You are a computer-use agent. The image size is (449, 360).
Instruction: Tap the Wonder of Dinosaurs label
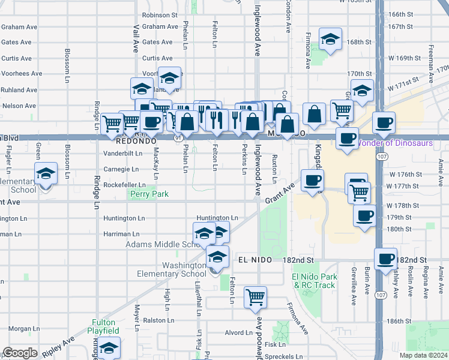click(395, 143)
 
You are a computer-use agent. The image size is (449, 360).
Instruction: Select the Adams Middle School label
click(161, 245)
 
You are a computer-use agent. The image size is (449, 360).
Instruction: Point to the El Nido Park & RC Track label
click(313, 280)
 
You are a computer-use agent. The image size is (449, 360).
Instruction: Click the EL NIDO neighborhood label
click(252, 260)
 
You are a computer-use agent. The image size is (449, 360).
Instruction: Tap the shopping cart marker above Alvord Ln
click(255, 296)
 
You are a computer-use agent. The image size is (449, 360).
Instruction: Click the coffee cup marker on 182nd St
click(385, 258)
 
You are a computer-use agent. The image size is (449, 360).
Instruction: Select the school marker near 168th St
click(330, 39)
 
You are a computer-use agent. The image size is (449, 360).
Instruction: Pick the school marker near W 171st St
click(362, 90)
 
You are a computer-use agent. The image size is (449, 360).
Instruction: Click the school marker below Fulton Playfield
click(109, 347)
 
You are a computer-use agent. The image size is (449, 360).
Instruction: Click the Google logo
click(20, 353)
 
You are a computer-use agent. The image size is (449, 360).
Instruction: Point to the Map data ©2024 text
click(423, 355)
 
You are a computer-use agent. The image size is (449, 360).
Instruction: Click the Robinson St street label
click(160, 15)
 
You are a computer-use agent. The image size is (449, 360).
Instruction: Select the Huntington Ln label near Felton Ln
click(217, 218)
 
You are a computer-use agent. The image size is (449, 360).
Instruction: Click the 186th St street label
click(397, 322)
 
